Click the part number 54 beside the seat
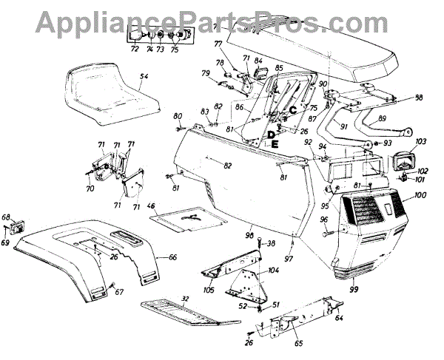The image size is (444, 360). [144, 77]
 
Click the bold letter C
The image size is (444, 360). [292, 110]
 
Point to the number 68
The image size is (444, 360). [7, 217]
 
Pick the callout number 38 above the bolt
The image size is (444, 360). [271, 242]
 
